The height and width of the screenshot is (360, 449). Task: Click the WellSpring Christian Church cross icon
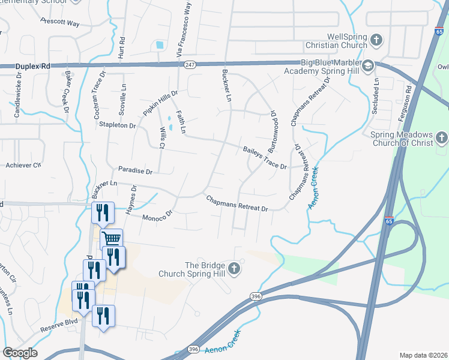[376, 40]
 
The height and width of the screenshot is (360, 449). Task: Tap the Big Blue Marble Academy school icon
[368, 65]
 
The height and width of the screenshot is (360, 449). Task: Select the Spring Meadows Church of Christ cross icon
[442, 139]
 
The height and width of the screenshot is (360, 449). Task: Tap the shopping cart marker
[111, 239]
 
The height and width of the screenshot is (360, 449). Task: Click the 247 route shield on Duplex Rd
[190, 64]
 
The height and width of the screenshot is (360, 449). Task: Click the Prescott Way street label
[60, 22]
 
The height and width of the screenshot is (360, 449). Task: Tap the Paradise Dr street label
[136, 171]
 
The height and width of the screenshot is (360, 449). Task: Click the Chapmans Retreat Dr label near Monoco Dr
[237, 203]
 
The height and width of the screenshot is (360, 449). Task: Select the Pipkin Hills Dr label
[160, 103]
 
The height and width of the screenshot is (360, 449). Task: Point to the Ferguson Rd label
[408, 90]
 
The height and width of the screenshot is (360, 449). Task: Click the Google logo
[20, 353]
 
